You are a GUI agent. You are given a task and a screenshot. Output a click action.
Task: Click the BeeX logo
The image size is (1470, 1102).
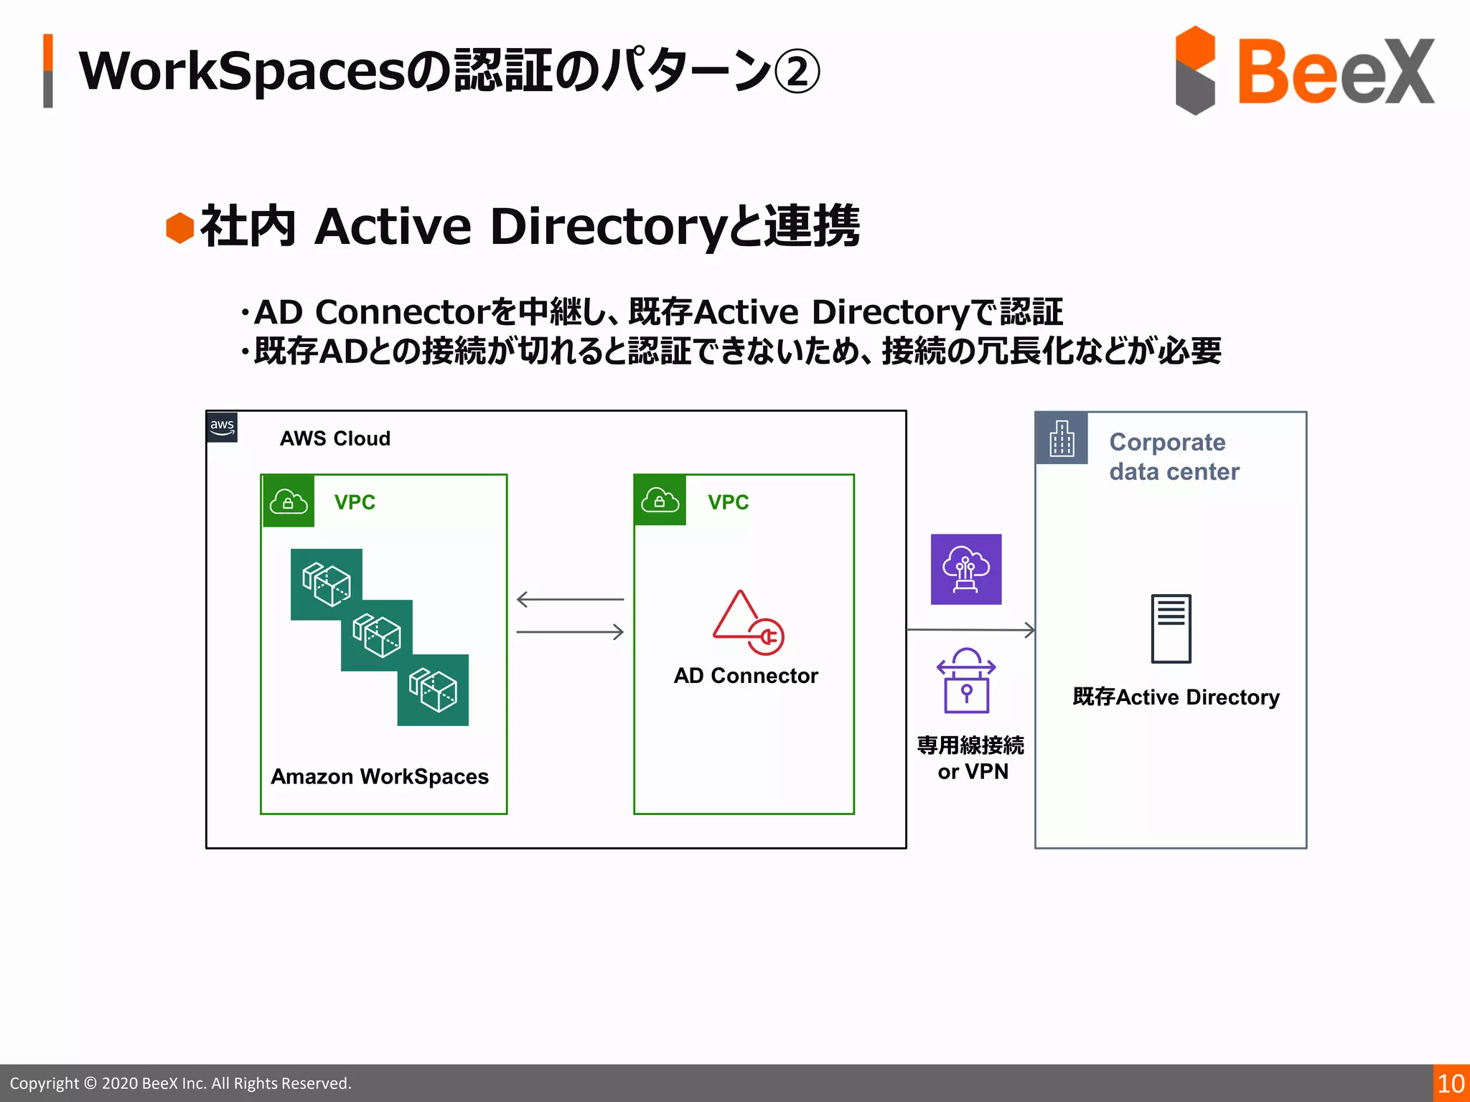[x=1303, y=70]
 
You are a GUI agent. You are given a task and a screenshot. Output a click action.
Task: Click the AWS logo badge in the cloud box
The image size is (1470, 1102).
[x=222, y=427]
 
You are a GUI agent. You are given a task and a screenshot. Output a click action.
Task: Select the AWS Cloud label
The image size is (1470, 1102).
[x=334, y=438]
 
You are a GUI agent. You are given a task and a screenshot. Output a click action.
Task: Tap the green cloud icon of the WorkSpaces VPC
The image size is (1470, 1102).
[x=288, y=501]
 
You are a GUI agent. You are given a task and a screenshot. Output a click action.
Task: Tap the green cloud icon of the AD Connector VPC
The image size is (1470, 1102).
[x=660, y=500]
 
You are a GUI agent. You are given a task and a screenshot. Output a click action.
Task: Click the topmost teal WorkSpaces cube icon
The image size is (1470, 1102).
[x=326, y=584]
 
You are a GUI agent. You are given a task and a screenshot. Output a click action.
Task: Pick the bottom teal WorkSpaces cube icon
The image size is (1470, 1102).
[x=433, y=689]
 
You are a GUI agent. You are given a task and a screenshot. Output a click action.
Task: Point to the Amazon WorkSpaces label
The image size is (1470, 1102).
[x=379, y=776]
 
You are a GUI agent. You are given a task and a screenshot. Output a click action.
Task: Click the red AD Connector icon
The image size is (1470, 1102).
[x=747, y=623]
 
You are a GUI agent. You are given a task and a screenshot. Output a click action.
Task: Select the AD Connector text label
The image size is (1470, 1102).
[x=746, y=676]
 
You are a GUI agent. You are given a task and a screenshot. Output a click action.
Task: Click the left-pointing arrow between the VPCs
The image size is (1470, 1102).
[x=570, y=599]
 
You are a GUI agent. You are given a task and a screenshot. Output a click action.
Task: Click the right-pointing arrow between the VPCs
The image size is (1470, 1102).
[x=570, y=632]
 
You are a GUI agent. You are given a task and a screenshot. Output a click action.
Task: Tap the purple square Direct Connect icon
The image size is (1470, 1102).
[x=965, y=569]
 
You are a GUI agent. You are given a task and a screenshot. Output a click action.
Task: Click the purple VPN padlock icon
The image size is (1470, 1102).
[x=966, y=681]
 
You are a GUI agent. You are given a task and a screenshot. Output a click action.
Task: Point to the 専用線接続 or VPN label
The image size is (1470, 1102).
[x=971, y=758]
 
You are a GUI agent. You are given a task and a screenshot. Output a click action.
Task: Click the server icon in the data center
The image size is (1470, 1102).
[x=1171, y=628]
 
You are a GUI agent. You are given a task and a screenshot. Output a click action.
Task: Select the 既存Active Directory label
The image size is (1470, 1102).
[x=1176, y=697]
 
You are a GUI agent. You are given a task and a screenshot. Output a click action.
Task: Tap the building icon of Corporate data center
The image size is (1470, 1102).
[x=1062, y=438]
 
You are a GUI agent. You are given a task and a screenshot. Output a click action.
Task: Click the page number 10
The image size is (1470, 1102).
[x=1451, y=1083]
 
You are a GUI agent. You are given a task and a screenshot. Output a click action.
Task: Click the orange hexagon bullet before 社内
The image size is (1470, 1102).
[x=180, y=228]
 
